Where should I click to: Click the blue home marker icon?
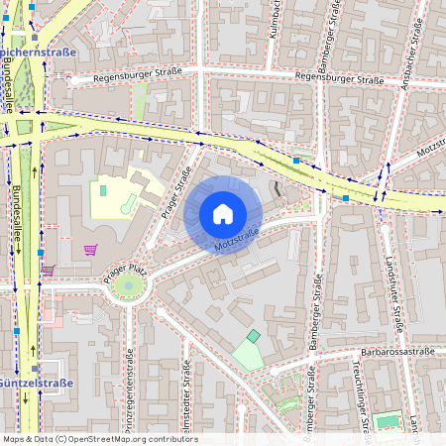click(x=223, y=214)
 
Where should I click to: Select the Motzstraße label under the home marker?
click(x=237, y=240)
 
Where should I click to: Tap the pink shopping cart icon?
click(x=91, y=250)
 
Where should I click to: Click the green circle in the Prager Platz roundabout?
click(x=127, y=287)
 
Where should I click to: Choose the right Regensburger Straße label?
click(x=340, y=78)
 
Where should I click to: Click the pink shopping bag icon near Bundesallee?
click(x=47, y=270)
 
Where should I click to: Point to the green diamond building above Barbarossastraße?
click(x=254, y=337)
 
